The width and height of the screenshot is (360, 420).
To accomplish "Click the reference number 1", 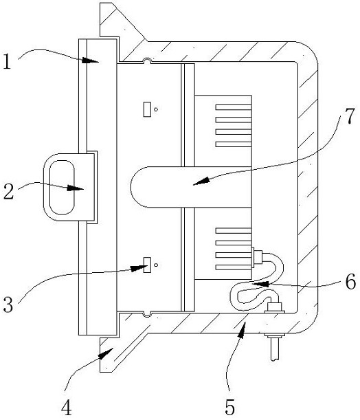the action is point(8,61).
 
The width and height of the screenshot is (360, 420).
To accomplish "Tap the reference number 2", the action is point(8,192).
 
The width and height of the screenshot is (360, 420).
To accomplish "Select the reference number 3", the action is point(8,305).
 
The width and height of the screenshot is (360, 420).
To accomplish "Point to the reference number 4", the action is point(67,407).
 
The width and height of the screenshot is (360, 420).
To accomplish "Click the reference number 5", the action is point(230,407).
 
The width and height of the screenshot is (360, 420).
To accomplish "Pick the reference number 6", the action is point(350,282).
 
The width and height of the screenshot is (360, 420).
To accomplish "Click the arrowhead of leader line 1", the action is point(90,60).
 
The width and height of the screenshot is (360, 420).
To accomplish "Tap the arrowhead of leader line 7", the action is point(201,181).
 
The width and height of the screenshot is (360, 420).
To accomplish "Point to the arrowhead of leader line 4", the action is point(105,353).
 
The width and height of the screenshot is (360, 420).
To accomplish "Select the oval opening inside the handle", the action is point(62,187).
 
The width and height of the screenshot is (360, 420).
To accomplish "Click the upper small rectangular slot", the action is point(146,109).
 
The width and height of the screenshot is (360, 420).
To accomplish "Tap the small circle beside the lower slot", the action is point(156,265).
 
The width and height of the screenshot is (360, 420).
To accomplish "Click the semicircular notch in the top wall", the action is point(146,61).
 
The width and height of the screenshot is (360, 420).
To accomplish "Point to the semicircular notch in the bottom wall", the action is point(146,314).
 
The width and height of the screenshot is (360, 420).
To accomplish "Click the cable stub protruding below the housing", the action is point(275,349).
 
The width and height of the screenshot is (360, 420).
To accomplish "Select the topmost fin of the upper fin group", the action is point(234,107).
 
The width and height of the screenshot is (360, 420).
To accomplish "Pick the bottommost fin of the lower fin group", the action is point(234,267).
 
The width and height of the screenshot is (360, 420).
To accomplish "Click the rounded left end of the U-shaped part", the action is point(131,187).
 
